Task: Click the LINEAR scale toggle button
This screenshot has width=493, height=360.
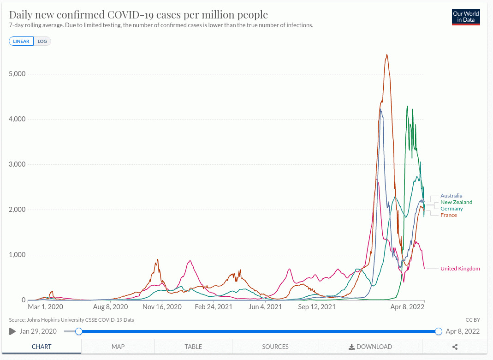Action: (21, 41)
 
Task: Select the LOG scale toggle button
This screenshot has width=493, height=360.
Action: (42, 41)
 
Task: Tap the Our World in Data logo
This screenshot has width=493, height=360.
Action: (466, 17)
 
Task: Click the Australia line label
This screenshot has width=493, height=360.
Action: (451, 196)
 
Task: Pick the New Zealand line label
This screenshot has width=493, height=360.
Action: (456, 202)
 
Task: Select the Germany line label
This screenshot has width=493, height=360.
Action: (451, 209)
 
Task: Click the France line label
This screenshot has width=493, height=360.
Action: (449, 215)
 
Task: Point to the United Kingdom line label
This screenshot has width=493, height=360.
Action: (460, 269)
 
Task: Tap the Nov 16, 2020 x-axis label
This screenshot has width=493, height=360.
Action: (161, 306)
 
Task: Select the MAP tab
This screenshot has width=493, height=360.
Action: (118, 347)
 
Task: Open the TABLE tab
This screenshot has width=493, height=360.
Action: (193, 347)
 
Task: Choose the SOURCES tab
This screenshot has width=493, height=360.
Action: (275, 347)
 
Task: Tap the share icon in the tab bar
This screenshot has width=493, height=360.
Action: (455, 347)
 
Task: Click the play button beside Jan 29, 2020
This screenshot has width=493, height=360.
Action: (12, 331)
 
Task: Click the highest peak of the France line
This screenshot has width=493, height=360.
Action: (386, 55)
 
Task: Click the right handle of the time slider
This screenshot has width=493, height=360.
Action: (438, 331)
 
